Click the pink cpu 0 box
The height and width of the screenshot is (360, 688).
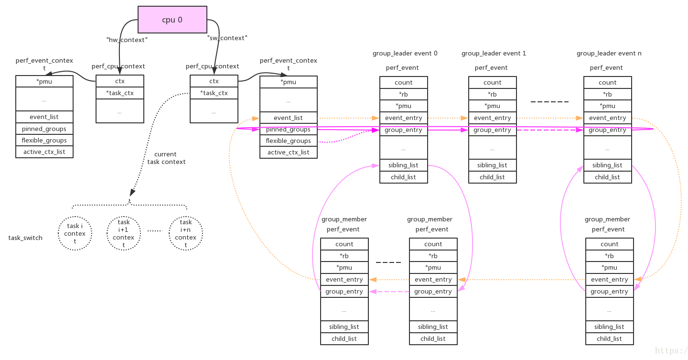(x=172, y=20)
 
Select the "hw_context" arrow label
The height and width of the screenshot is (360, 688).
(x=127, y=40)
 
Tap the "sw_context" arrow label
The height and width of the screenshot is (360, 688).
(x=227, y=38)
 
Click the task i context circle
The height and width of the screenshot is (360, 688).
(x=75, y=233)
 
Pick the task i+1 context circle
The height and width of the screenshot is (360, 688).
(x=124, y=233)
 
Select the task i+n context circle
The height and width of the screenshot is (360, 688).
(x=186, y=233)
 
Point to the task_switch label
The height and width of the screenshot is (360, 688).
(x=25, y=238)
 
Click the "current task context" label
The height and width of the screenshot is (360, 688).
(x=166, y=158)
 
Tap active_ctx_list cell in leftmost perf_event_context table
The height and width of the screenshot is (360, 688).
(x=44, y=152)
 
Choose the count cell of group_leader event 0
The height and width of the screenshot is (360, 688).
(x=404, y=82)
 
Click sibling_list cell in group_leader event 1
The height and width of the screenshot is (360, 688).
(x=492, y=165)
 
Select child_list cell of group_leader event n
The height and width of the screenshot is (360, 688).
(x=607, y=177)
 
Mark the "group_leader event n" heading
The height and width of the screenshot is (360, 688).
(x=609, y=54)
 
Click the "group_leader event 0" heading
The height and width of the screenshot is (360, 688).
(x=405, y=54)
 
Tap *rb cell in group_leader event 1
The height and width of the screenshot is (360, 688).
(x=492, y=94)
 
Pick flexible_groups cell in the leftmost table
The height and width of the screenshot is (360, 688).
(x=44, y=140)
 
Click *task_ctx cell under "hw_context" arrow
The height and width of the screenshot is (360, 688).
(x=120, y=93)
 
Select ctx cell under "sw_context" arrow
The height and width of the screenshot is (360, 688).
(x=214, y=81)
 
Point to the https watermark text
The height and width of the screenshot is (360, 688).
(x=671, y=351)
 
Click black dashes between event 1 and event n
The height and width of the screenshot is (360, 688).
(x=550, y=102)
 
